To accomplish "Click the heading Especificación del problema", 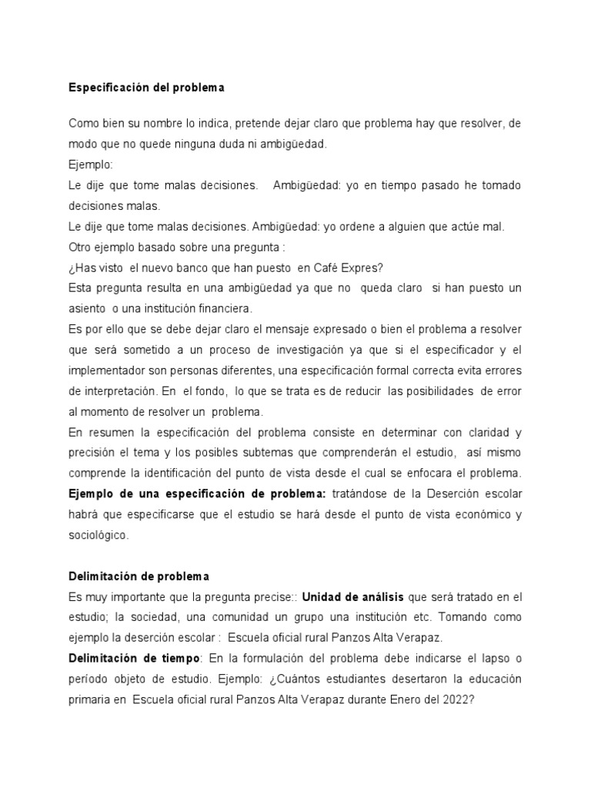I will (x=146, y=88).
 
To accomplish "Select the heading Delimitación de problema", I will (x=139, y=576).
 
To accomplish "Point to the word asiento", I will (x=91, y=308).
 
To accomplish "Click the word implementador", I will (x=109, y=370).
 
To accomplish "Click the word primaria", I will (x=93, y=699).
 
